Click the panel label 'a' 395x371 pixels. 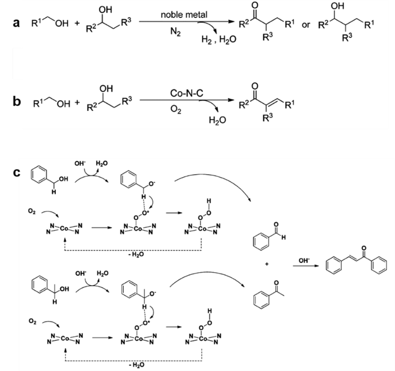pyautogui.click(x=16, y=23)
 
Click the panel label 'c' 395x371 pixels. pyautogui.click(x=16, y=173)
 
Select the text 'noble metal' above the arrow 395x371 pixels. pyautogui.click(x=184, y=15)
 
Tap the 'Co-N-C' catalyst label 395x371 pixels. pyautogui.click(x=186, y=93)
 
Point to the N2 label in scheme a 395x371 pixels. pyautogui.click(x=176, y=32)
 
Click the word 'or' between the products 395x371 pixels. pyautogui.click(x=306, y=25)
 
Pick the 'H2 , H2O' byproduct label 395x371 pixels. pyautogui.click(x=218, y=39)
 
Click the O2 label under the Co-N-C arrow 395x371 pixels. pyautogui.click(x=176, y=110)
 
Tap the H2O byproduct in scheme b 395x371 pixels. pyautogui.click(x=217, y=120)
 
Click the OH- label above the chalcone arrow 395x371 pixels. pyautogui.click(x=304, y=260)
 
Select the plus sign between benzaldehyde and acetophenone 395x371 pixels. pyautogui.click(x=267, y=264)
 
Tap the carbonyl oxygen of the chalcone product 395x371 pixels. pyautogui.click(x=363, y=248)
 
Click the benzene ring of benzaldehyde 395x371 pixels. pyautogui.click(x=261, y=242)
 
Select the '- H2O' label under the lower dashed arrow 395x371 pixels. pyautogui.click(x=136, y=365)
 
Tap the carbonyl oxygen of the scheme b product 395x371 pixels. pyautogui.click(x=254, y=86)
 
